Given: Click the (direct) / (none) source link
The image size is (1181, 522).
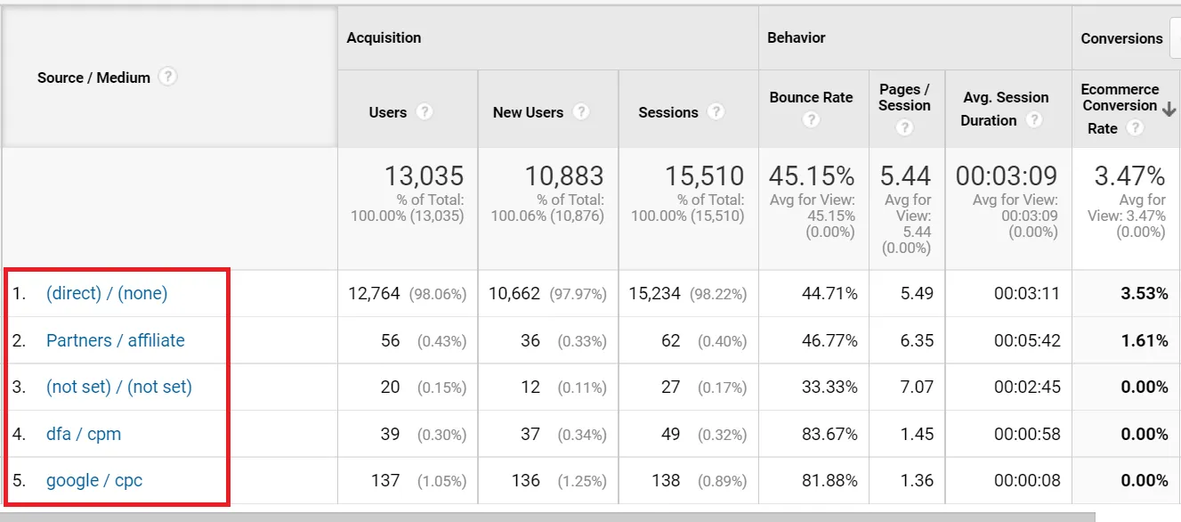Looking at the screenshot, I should pyautogui.click(x=107, y=293).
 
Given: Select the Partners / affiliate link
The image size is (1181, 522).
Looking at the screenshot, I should pyautogui.click(x=116, y=340).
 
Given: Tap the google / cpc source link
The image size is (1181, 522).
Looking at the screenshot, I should pyautogui.click(x=94, y=480).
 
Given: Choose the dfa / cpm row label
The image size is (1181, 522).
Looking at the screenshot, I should pyautogui.click(x=84, y=434).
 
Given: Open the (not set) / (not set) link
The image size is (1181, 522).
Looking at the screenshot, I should pyautogui.click(x=119, y=387).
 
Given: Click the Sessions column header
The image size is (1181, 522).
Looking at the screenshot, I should pyautogui.click(x=668, y=112).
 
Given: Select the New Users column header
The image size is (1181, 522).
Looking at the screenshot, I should pyautogui.click(x=528, y=112).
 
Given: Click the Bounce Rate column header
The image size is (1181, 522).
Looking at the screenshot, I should pyautogui.click(x=811, y=97).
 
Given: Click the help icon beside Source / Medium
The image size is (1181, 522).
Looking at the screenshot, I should pyautogui.click(x=167, y=77).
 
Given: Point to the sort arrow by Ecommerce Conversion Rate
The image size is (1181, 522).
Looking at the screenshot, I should pyautogui.click(x=1169, y=107).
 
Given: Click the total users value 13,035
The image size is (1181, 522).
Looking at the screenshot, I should pyautogui.click(x=424, y=175).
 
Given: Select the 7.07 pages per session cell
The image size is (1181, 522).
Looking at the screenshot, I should pyautogui.click(x=917, y=387).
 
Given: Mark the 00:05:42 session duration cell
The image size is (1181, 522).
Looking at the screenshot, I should pyautogui.click(x=1027, y=340).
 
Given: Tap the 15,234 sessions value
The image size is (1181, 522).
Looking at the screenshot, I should pyautogui.click(x=654, y=293).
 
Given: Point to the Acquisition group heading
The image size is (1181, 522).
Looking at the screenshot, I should pyautogui.click(x=384, y=37).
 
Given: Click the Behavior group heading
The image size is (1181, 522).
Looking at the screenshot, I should pyautogui.click(x=797, y=37).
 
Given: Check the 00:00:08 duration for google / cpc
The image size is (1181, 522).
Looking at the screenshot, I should pyautogui.click(x=1027, y=480).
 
